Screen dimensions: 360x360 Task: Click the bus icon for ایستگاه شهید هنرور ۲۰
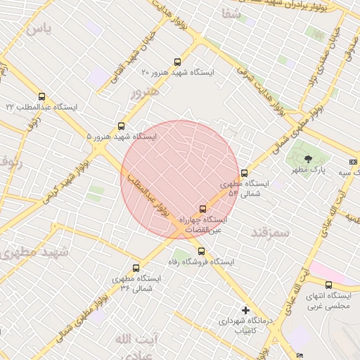point(176,61)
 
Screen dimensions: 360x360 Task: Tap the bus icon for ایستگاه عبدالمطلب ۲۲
point(41,96)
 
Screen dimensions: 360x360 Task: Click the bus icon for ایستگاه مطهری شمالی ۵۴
point(244,173)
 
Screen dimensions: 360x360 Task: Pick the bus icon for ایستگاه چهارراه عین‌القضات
point(203,209)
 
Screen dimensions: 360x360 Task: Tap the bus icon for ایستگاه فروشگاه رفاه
point(201,251)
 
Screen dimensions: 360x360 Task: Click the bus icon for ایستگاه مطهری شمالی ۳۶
point(136,268)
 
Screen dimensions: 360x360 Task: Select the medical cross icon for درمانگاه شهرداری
point(245,310)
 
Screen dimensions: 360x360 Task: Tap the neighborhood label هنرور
point(145,91)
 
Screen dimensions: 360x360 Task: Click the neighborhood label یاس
point(38,30)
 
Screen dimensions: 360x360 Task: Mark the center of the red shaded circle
point(181,181)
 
